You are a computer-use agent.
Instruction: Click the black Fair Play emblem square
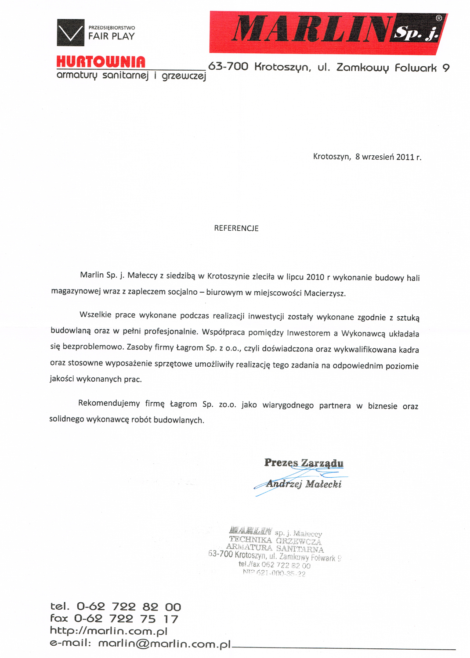tap(70, 32)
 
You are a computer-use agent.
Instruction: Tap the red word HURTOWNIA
tap(101, 62)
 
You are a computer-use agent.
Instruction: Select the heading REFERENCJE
tap(236, 228)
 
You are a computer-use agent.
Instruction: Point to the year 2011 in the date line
tap(405, 157)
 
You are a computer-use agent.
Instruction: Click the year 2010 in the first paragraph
tap(315, 277)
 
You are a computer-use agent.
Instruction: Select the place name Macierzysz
tap(325, 293)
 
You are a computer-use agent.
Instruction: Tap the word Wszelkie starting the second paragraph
tap(94, 315)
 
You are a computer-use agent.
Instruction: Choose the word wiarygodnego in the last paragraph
tap(288, 405)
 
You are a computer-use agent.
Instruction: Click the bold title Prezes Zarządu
tap(304, 463)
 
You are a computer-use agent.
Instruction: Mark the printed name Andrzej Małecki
tap(304, 484)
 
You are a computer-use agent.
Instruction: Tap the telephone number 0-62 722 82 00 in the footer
tap(129, 607)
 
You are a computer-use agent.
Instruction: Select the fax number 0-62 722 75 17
tap(126, 619)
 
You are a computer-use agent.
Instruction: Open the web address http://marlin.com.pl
tap(108, 631)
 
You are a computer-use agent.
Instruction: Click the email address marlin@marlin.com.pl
tap(164, 644)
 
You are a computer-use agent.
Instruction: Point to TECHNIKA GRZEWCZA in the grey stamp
tap(275, 540)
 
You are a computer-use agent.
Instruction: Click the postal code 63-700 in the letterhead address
tap(228, 67)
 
